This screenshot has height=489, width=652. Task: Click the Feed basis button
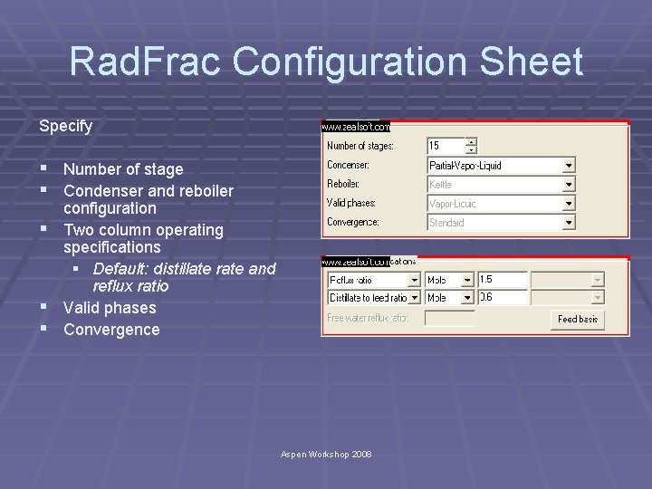578,319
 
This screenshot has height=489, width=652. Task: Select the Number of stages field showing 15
446,146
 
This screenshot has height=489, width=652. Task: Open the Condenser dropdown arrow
569,166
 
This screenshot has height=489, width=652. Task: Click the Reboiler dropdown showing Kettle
501,185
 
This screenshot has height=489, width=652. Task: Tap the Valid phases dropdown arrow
569,204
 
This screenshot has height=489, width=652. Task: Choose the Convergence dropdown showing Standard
501,222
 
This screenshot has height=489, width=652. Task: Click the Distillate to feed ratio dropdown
374,298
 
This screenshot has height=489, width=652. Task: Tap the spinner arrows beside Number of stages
471,146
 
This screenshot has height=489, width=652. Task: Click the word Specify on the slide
65,126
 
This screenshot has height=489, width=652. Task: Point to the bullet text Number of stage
123,169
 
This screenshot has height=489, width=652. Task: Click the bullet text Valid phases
110,308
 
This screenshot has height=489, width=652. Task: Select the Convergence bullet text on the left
111,330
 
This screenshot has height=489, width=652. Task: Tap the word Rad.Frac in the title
146,62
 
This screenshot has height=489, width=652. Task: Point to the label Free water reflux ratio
368,318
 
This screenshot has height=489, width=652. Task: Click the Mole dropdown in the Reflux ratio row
450,281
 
